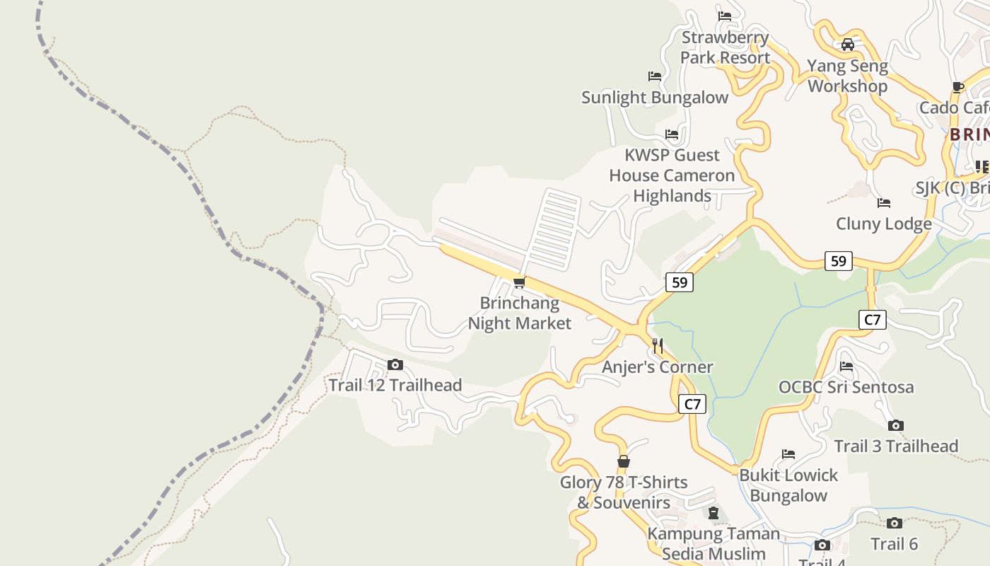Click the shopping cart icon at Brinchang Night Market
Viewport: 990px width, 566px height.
(x=519, y=283)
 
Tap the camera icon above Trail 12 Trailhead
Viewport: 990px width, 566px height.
(x=395, y=365)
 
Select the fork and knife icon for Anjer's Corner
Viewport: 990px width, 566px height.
(x=658, y=346)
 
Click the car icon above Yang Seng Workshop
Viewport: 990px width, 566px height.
(x=847, y=45)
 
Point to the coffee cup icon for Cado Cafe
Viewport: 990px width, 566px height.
(x=958, y=88)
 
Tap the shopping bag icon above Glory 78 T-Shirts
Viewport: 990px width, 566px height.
(x=623, y=462)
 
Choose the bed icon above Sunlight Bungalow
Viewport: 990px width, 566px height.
(x=655, y=76)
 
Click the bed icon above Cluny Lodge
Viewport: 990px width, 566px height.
(x=883, y=203)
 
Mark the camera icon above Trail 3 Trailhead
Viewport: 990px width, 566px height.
(x=896, y=426)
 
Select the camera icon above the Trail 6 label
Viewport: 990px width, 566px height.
(x=895, y=524)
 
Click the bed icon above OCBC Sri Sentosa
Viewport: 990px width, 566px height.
(x=846, y=366)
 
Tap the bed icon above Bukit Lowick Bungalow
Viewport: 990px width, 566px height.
(x=788, y=454)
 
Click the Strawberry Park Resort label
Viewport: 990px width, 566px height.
(x=725, y=47)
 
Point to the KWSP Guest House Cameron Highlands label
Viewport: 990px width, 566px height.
(x=672, y=175)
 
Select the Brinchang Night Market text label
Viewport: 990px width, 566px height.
(x=520, y=313)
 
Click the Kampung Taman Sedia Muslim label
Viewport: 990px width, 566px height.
(x=714, y=543)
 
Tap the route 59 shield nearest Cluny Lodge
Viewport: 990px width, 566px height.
(x=838, y=261)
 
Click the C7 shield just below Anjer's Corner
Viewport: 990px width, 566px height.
(x=692, y=404)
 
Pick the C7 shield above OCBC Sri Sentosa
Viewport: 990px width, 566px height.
(x=873, y=320)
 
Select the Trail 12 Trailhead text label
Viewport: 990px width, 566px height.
(x=395, y=386)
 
